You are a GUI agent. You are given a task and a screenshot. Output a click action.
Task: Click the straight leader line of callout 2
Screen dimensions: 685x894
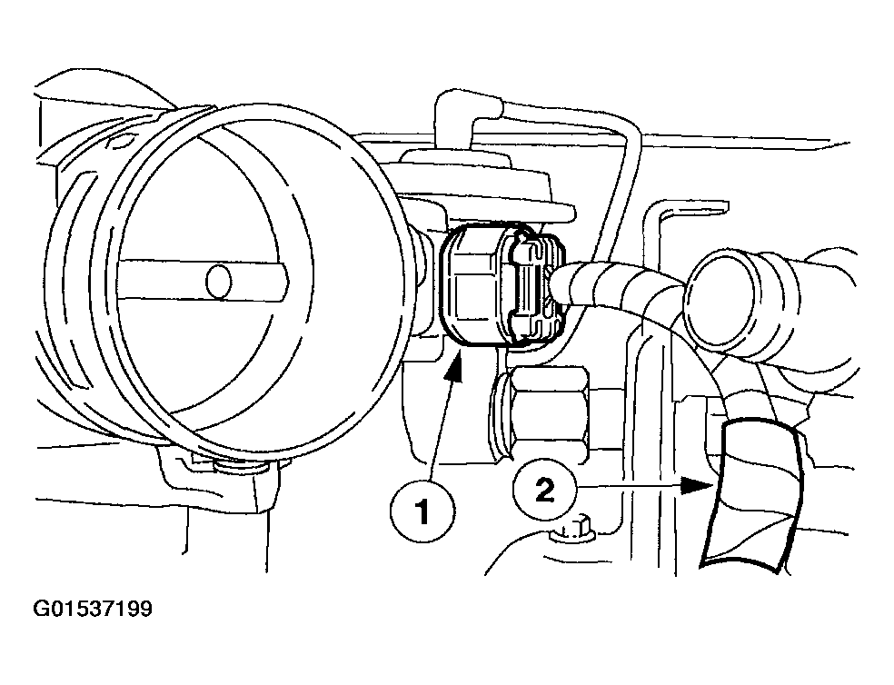(636, 488)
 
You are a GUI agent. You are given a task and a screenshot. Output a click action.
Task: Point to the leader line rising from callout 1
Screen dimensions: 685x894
(441, 427)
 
